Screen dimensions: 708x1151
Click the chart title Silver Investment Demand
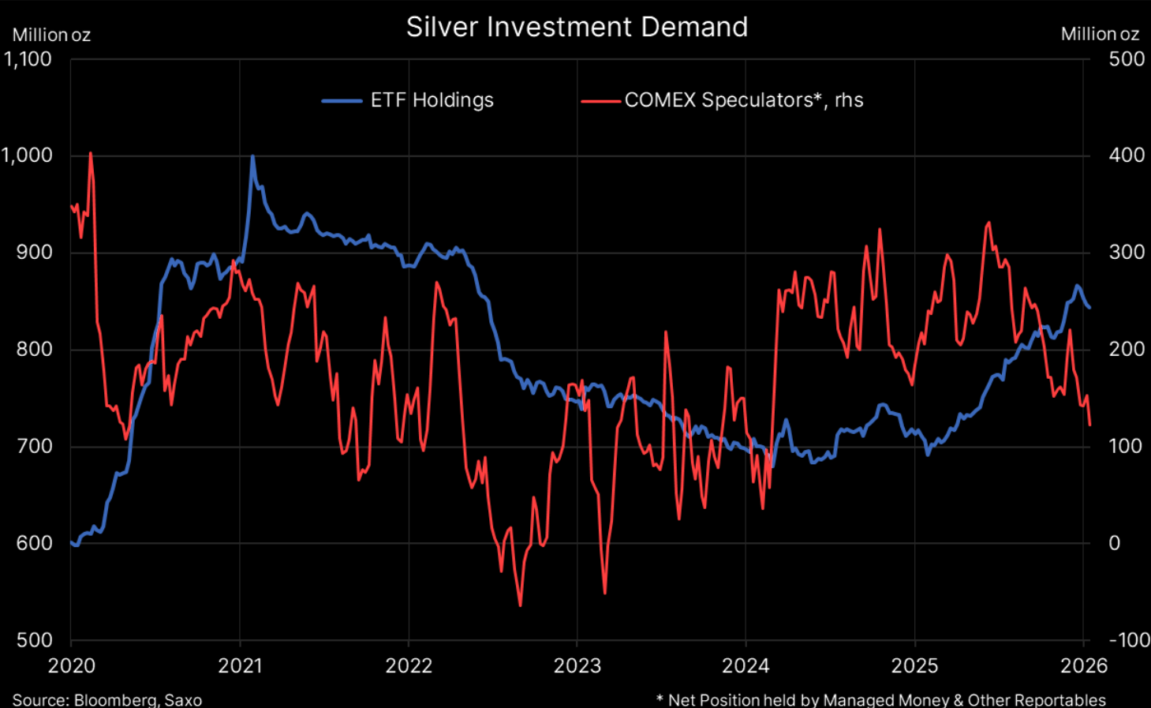577,27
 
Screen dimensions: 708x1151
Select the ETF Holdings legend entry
432,100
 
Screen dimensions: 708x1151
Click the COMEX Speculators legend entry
743,100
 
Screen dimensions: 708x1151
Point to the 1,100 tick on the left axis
28,59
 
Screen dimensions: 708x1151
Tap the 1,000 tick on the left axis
28,155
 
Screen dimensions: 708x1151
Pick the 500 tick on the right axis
1126,59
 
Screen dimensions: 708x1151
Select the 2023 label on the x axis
577,666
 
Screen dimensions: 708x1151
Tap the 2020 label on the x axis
72,666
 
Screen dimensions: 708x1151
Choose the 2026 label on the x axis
1083,666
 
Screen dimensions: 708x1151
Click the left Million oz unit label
51,36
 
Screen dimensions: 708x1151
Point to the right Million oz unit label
1100,35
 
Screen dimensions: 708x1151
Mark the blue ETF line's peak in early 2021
252,156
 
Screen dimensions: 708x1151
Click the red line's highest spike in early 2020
91,153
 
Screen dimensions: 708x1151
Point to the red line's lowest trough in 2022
521,605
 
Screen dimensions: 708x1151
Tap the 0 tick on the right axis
1114,543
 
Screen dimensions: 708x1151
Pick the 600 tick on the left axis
34,543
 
